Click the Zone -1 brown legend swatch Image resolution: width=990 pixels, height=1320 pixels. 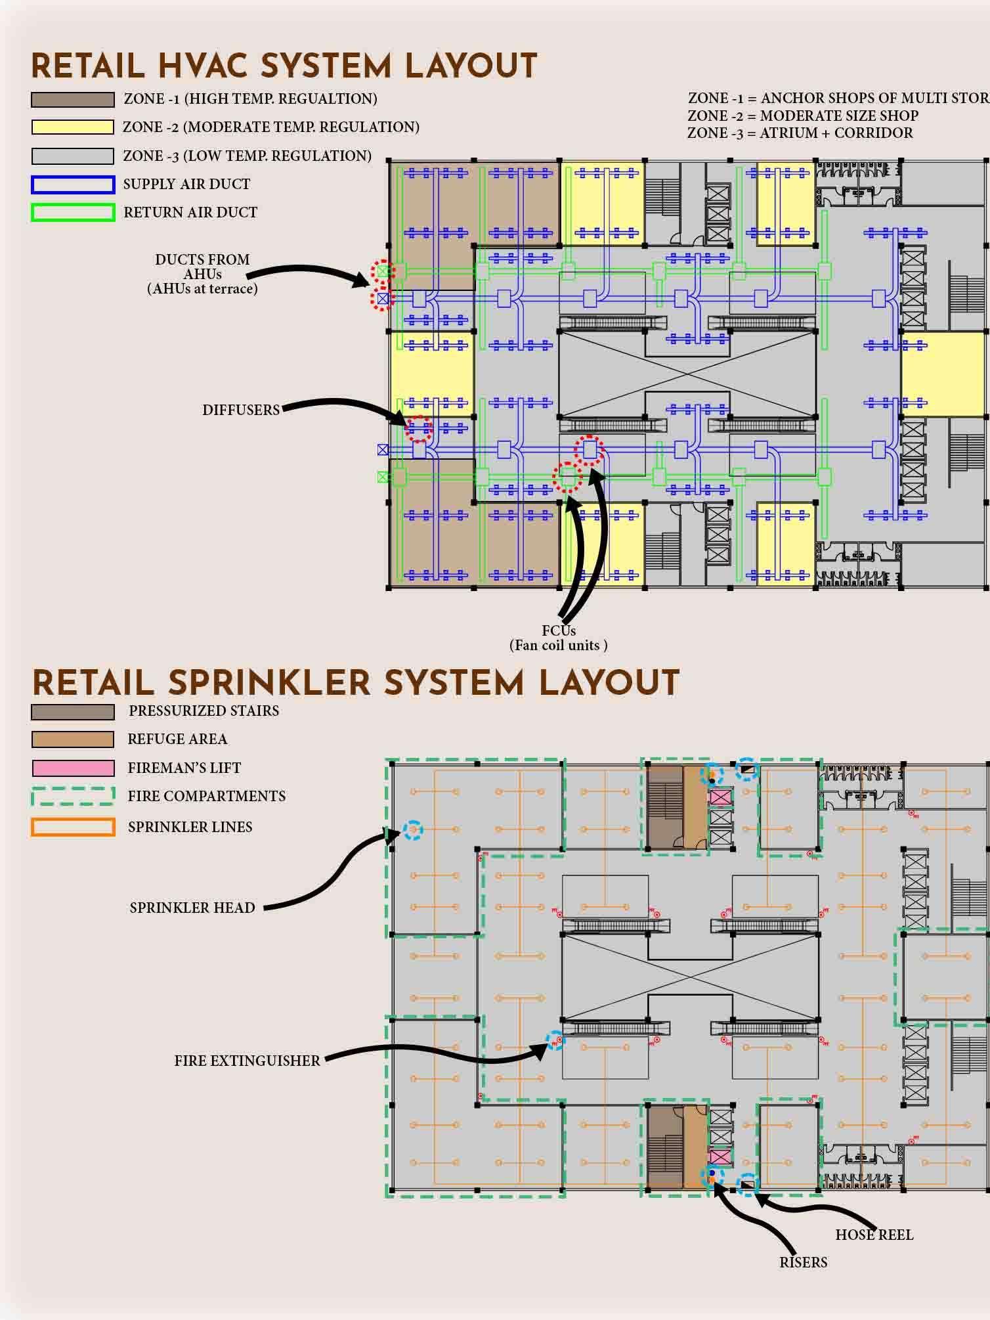[72, 100]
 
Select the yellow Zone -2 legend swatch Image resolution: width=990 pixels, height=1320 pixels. [72, 127]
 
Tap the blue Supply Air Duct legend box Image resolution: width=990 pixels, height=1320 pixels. [72, 185]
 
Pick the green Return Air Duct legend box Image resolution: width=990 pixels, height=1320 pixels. [72, 213]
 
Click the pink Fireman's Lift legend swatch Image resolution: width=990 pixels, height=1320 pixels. [72, 768]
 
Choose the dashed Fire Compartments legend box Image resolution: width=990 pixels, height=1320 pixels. [72, 797]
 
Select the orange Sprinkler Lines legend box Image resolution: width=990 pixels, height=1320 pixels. [72, 827]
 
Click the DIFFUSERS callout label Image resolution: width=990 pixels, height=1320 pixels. [241, 410]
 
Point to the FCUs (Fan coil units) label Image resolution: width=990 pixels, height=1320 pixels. [559, 638]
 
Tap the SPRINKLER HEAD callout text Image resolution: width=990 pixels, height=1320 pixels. [192, 908]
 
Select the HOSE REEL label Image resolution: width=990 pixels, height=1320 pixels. [874, 1235]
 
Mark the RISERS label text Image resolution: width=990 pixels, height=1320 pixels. [803, 1262]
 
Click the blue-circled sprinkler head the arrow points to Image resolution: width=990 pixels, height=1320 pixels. [412, 830]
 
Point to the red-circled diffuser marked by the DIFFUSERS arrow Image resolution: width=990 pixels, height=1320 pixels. [419, 428]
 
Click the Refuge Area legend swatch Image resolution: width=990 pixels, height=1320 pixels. [72, 739]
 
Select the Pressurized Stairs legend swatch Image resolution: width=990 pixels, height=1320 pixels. [72, 711]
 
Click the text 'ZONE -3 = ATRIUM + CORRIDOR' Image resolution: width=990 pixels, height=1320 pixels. [800, 133]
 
